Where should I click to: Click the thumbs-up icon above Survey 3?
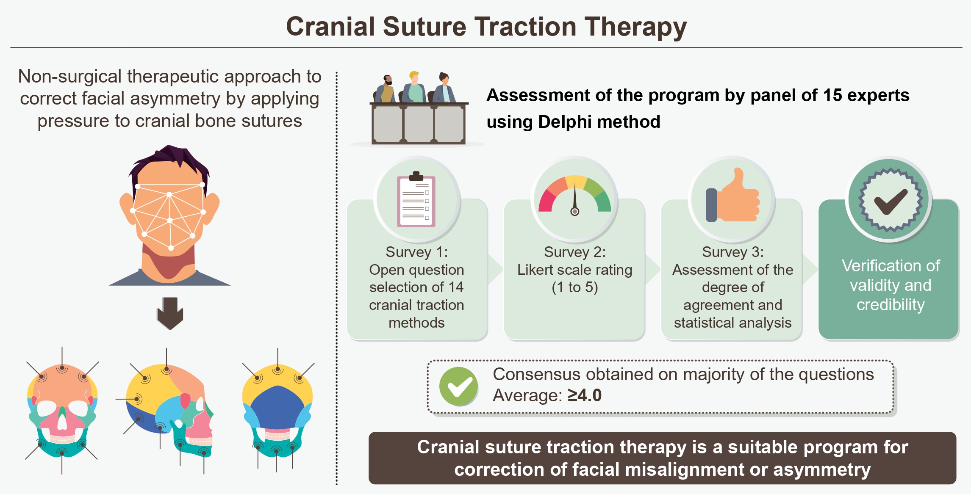732,195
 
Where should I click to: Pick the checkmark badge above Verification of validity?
890,200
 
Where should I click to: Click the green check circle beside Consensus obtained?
458,386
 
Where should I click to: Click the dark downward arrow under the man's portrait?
170,313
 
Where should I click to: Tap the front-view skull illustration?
62,410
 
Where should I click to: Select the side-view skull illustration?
170,411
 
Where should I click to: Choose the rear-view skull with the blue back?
277,411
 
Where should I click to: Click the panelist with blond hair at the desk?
415,87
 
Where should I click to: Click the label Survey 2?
575,252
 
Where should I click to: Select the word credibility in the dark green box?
891,305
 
